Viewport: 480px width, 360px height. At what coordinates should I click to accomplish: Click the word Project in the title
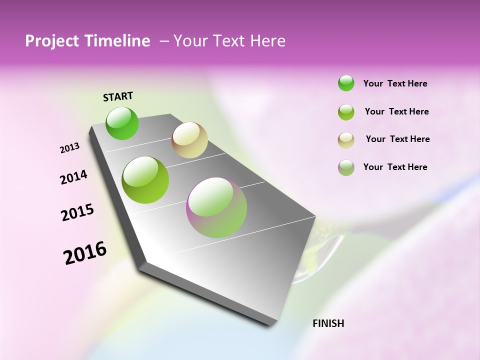(x=50, y=41)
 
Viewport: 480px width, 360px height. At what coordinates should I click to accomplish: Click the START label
(x=118, y=96)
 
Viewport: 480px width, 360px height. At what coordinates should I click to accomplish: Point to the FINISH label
(x=328, y=323)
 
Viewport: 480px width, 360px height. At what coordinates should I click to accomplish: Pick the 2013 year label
(x=69, y=148)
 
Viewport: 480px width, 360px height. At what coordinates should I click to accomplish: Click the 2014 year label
(x=73, y=177)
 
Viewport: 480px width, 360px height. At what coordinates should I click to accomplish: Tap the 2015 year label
(x=77, y=212)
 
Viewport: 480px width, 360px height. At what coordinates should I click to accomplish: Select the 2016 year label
(x=85, y=252)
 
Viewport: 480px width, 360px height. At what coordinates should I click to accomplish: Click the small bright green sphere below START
(x=122, y=123)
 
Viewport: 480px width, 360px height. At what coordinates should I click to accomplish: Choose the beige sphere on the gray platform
(x=189, y=140)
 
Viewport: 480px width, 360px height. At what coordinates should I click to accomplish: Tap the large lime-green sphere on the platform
(x=145, y=180)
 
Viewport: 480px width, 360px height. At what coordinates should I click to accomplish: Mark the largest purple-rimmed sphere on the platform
(x=216, y=207)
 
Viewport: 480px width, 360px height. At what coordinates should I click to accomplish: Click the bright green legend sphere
(x=346, y=83)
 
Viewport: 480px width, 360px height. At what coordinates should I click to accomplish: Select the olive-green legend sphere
(x=346, y=112)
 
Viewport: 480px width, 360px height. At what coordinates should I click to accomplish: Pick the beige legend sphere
(x=346, y=139)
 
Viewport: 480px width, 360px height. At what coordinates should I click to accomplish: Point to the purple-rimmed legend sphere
(x=346, y=167)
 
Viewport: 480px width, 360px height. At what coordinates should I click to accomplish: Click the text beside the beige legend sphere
(x=397, y=139)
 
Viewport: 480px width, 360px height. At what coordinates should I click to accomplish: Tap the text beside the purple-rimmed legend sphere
(x=395, y=167)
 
